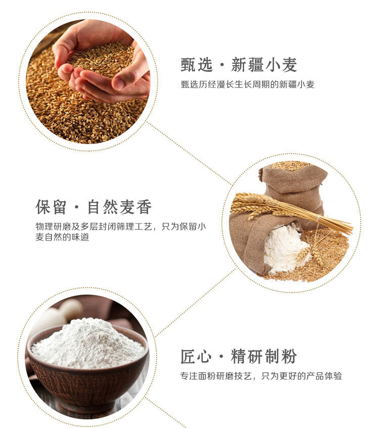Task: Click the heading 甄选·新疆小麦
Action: (239, 65)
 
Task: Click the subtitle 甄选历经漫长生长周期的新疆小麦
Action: (248, 84)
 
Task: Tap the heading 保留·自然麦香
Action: (93, 207)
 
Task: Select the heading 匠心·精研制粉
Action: (239, 356)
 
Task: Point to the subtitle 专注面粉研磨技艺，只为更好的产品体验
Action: (261, 376)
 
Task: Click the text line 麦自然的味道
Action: (62, 237)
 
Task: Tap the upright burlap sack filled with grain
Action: (294, 185)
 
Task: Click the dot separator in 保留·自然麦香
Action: (77, 207)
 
